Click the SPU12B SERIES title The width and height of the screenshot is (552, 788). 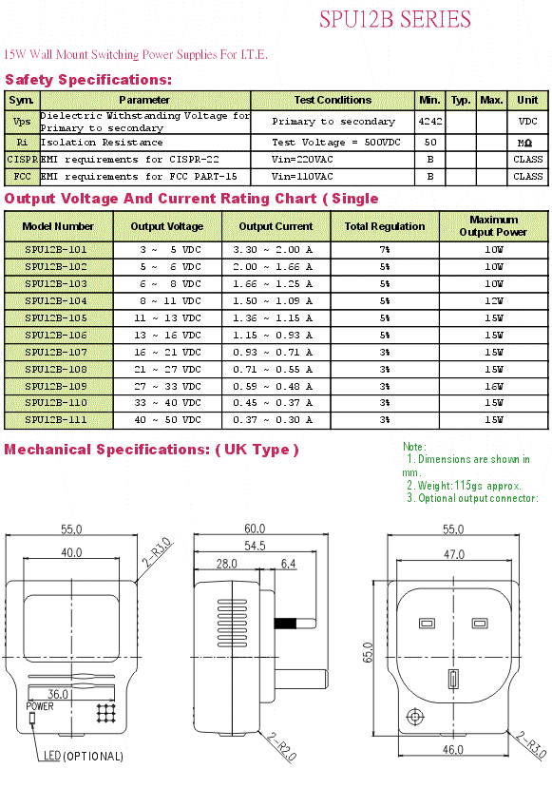[395, 19]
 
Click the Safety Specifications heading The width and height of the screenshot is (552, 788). [88, 80]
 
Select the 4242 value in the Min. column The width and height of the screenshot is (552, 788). [430, 121]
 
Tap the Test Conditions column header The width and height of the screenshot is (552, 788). [333, 100]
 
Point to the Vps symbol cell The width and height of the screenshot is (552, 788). [22, 122]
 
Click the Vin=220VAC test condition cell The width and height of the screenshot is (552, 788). [302, 160]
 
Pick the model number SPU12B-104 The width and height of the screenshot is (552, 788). [56, 300]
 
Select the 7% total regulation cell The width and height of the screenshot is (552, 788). [385, 249]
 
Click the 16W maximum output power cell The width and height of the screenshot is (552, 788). [494, 386]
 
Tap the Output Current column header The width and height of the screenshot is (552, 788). [276, 226]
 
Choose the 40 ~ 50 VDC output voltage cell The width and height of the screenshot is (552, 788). [167, 419]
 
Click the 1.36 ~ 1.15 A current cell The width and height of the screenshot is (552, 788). [273, 317]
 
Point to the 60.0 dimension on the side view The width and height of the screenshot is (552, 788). [255, 529]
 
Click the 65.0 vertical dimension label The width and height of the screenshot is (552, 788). [368, 652]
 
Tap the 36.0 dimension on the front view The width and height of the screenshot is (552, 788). [58, 694]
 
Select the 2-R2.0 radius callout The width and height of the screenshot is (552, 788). [282, 747]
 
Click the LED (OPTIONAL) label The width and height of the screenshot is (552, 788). [84, 756]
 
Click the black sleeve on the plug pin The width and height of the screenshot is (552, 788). [285, 624]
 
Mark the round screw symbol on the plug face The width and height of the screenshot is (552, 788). [415, 717]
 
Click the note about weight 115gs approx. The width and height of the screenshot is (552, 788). [464, 486]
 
